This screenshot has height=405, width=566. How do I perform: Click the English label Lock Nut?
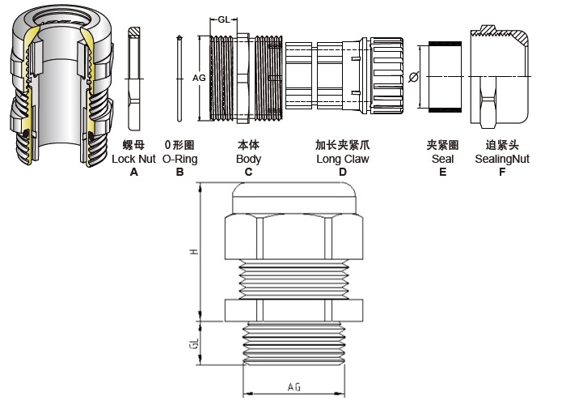tap(134, 160)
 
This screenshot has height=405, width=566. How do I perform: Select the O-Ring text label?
tap(180, 160)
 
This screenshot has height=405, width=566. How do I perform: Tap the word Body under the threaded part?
tap(248, 160)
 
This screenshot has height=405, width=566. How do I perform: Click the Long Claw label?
tap(342, 160)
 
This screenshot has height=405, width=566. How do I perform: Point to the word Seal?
tap(442, 160)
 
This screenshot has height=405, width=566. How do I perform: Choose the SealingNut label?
tap(502, 160)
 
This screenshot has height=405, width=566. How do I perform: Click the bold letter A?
tap(134, 172)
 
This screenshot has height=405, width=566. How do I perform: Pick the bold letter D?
tap(342, 172)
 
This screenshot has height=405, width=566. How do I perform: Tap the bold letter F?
tap(502, 172)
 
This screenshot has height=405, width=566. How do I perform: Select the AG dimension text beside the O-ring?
tap(198, 78)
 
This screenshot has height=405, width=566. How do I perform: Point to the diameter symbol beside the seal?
tap(414, 77)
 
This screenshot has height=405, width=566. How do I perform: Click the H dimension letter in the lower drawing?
tap(194, 252)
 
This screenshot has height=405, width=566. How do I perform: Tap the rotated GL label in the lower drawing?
tap(194, 343)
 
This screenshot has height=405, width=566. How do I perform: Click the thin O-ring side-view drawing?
tap(179, 78)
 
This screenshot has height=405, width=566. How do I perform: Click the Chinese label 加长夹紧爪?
tap(342, 146)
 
